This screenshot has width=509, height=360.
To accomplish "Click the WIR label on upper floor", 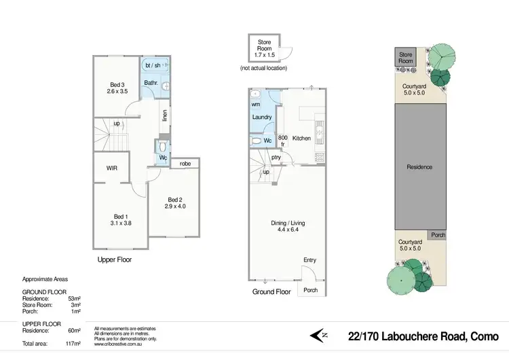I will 113,167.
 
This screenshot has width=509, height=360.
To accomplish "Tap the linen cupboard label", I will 164,116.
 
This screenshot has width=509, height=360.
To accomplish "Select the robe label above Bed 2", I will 185,164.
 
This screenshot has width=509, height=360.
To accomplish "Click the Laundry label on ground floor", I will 262,118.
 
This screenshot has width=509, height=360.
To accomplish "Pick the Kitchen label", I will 301,138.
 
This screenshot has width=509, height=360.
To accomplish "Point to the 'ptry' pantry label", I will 276,158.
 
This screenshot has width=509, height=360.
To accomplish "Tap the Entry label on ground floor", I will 310,260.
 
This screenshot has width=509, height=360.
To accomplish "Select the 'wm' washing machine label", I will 256,105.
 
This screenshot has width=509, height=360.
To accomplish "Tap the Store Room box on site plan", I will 406,57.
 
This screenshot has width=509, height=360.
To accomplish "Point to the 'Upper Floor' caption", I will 115,259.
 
